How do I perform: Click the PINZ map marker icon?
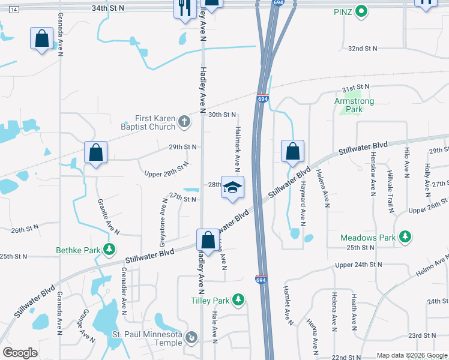pyautogui.click(x=361, y=11)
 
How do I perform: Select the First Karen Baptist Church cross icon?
pyautogui.click(x=185, y=122)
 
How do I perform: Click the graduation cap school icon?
pyautogui.click(x=232, y=187)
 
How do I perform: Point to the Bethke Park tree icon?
pyautogui.click(x=109, y=248)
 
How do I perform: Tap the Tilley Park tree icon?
pyautogui.click(x=238, y=299)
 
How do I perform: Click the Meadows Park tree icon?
pyautogui.click(x=405, y=237)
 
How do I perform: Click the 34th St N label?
pyautogui.click(x=108, y=8)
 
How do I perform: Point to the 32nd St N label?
pyautogui.click(x=364, y=48)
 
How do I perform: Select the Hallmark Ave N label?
pyautogui.click(x=238, y=146)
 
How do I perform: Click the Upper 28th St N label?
pyautogui.click(x=167, y=170)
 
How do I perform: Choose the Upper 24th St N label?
pyautogui.click(x=358, y=264)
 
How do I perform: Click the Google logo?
pyautogui.click(x=20, y=352)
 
